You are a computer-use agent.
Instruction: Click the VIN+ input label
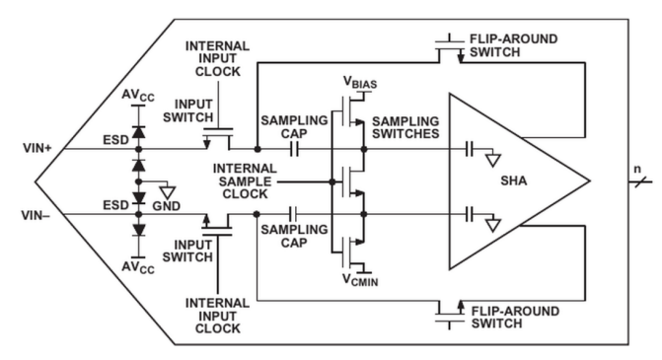coord(37,149)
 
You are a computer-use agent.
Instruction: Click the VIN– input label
coord(36,215)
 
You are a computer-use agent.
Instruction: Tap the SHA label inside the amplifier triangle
coord(514,180)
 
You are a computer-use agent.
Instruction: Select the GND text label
coord(167,206)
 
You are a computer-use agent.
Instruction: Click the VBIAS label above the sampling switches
coord(360,82)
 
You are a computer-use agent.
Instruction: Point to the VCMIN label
coord(360,280)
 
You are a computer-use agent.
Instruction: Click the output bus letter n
coord(637,170)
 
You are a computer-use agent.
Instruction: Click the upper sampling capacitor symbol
coord(294,149)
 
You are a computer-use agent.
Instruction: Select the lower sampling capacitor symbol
coord(293,214)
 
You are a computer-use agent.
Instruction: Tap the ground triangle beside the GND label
coord(168,192)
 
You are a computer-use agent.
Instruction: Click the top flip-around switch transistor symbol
coord(450,48)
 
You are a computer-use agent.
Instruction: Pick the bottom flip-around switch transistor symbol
coord(450,315)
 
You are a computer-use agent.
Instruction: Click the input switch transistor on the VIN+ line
coord(218,138)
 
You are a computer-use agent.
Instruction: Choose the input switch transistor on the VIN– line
coord(217,225)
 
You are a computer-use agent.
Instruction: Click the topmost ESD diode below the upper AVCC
coord(138,132)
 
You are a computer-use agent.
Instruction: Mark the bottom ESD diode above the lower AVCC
coord(138,230)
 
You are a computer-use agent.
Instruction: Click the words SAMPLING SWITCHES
coord(405,127)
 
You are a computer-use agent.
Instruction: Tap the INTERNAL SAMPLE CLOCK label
coord(245,181)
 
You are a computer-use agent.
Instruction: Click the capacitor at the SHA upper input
coord(469,149)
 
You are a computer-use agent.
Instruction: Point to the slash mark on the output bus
coord(640,181)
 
